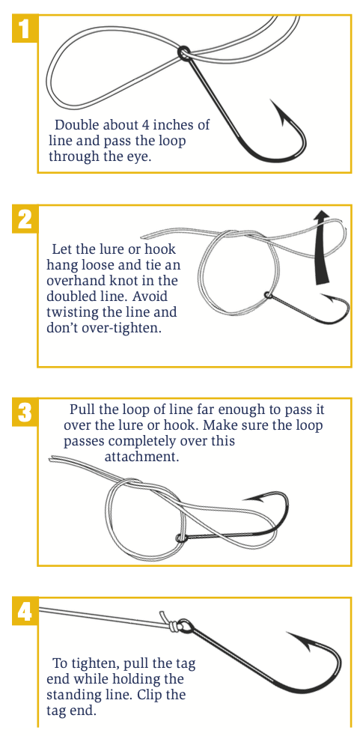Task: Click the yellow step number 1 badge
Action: pyautogui.click(x=25, y=29)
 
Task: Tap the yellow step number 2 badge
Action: pyautogui.click(x=25, y=219)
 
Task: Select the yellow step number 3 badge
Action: pyautogui.click(x=25, y=413)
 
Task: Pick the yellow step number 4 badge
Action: pyautogui.click(x=25, y=611)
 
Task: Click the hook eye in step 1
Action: pyautogui.click(x=183, y=52)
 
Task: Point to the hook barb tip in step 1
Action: pyautogui.click(x=272, y=100)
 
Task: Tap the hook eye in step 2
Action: pyautogui.click(x=268, y=295)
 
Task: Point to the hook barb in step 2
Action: pyautogui.click(x=323, y=295)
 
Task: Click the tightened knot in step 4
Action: pyautogui.click(x=173, y=624)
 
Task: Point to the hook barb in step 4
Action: pyautogui.click(x=287, y=636)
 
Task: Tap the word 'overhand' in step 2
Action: pyautogui.click(x=70, y=282)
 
